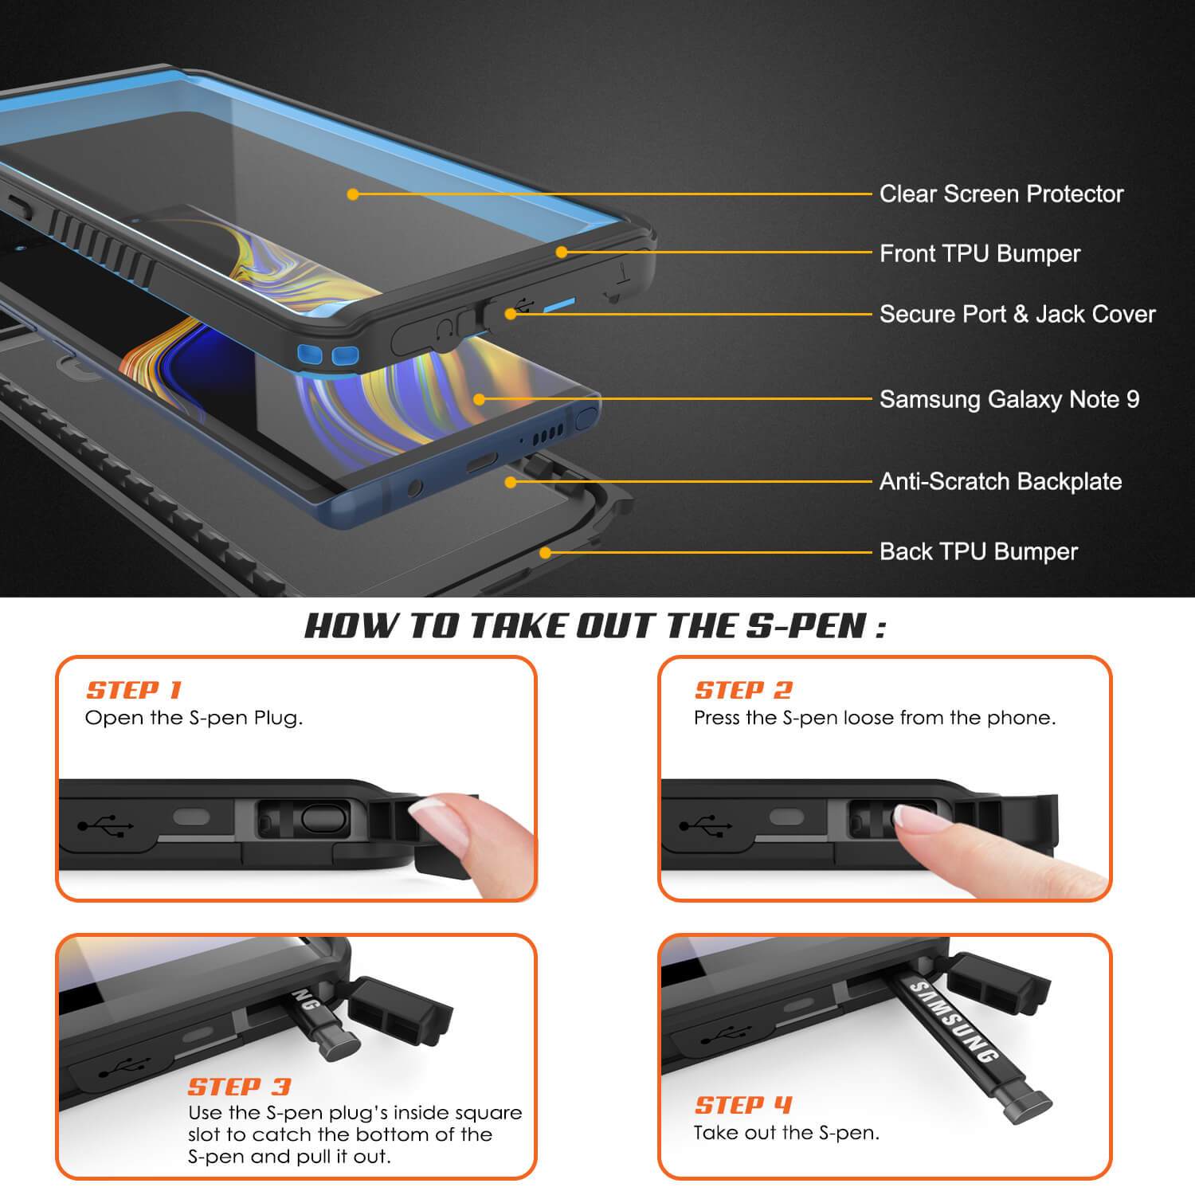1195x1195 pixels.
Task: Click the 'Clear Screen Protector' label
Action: [1001, 194]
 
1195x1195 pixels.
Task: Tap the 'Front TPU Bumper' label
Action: [980, 253]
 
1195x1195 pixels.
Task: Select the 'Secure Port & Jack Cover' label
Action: [1017, 314]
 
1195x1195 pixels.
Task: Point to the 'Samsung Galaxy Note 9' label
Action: [1009, 399]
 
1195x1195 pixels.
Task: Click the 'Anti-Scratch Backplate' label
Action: [1001, 481]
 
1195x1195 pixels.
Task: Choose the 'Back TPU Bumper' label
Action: [978, 551]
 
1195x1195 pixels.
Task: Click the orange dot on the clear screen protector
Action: [353, 194]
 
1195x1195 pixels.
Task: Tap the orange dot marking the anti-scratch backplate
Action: [511, 482]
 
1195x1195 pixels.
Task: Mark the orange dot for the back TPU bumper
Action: [545, 552]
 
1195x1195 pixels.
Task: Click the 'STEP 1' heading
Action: [135, 690]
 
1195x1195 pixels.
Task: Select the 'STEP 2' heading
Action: [744, 690]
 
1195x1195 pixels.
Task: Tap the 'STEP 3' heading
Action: [240, 1087]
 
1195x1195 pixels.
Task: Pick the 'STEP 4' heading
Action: [744, 1105]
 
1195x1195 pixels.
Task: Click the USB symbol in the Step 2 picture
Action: [705, 825]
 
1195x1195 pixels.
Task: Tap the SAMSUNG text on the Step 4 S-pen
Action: [954, 1023]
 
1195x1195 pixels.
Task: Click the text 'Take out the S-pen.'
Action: [786, 1133]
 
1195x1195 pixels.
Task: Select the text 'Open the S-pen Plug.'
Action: [194, 718]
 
